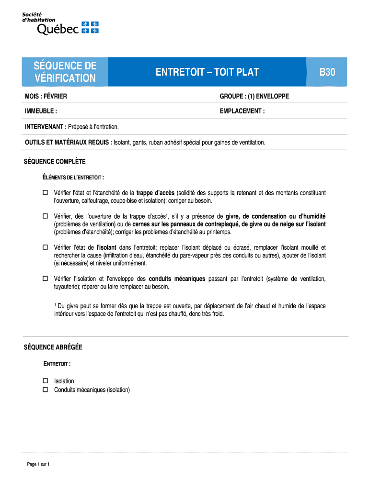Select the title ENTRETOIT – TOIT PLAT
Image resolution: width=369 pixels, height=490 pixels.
(x=207, y=72)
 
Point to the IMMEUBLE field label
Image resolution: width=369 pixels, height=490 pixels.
(x=41, y=111)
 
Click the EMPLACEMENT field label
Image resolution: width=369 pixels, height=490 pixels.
(x=242, y=111)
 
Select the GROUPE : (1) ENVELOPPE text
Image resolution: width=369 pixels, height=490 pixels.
(x=254, y=97)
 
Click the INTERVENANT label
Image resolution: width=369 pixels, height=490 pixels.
(x=46, y=127)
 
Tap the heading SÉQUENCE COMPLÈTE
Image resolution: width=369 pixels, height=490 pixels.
(x=55, y=161)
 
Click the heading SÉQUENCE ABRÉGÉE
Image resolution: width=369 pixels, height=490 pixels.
(x=53, y=347)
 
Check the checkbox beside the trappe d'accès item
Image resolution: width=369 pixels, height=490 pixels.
(x=46, y=193)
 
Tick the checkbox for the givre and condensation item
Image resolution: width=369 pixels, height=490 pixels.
(x=46, y=216)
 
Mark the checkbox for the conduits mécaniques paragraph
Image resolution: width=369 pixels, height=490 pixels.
(x=46, y=278)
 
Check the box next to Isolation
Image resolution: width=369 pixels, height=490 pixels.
(x=46, y=381)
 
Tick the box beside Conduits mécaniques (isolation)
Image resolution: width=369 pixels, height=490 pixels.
(x=46, y=390)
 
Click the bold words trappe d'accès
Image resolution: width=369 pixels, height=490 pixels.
(x=156, y=193)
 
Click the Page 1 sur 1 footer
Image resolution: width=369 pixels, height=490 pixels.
(x=38, y=464)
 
